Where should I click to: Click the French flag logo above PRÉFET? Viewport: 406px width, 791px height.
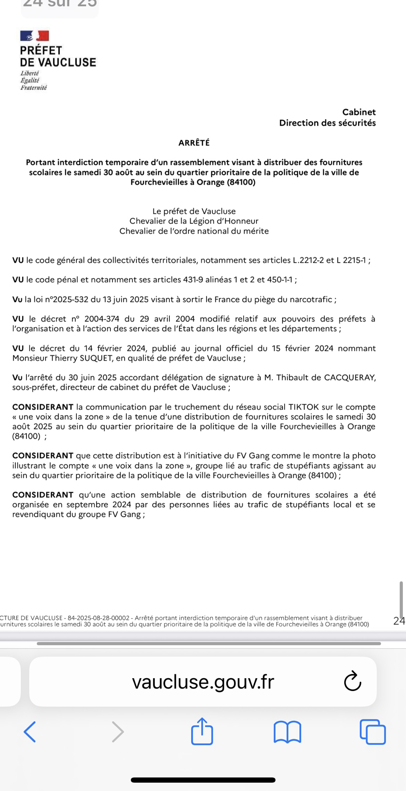coord(34,36)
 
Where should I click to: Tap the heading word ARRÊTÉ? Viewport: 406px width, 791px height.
coord(194,143)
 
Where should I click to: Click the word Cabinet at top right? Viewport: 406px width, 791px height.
coord(359,112)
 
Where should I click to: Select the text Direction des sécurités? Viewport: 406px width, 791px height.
coord(327,123)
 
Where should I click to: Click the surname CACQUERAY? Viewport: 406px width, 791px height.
coord(349,378)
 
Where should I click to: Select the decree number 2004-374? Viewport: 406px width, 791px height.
coord(102,319)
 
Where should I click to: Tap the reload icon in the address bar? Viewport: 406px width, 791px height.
coord(352,681)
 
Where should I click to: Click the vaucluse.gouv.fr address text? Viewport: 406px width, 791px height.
coord(203,682)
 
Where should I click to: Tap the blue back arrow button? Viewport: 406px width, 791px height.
coord(30,732)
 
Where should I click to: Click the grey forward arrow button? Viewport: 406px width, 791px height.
coord(118,732)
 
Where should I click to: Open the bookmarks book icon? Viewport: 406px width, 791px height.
coord(287,732)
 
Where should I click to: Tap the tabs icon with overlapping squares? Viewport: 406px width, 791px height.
coord(373,732)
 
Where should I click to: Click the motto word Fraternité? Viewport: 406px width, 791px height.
coord(34,88)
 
